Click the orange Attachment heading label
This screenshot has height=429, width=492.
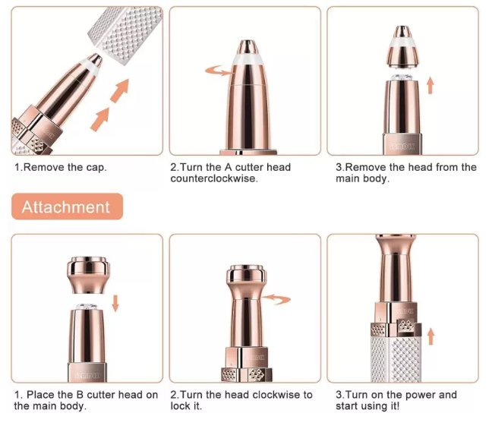point(65,207)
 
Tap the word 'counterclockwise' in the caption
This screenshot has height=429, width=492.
point(213,178)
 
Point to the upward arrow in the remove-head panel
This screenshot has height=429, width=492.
point(429,84)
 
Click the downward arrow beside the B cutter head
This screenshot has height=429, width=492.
point(115,302)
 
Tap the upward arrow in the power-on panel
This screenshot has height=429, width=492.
point(431,335)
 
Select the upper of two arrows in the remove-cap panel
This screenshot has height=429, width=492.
point(118,93)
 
